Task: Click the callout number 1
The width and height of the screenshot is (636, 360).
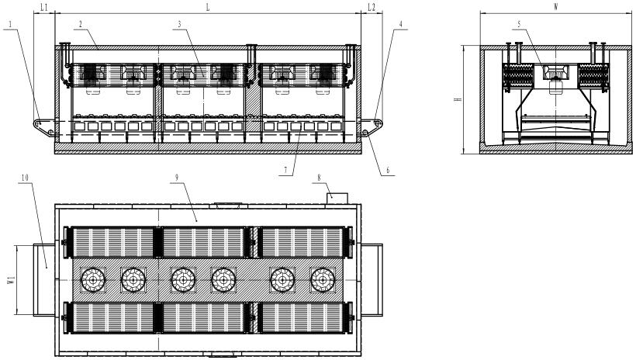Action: [10, 24]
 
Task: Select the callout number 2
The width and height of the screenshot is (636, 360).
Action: [81, 24]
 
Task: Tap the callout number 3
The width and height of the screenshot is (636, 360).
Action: [179, 24]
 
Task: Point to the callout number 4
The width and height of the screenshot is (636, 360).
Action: [401, 24]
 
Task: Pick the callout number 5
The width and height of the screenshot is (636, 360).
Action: [519, 24]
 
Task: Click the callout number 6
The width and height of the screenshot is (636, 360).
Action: [388, 171]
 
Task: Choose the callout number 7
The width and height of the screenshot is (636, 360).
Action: [285, 171]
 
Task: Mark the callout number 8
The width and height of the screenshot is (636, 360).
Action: [320, 178]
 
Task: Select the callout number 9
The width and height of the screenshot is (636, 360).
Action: [177, 178]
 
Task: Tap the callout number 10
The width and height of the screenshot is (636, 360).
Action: [25, 178]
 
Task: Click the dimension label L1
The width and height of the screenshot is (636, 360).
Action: [44, 7]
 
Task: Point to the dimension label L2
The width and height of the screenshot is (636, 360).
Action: [372, 7]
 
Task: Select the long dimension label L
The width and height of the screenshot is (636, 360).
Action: [208, 7]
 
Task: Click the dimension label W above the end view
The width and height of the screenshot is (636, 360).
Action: [555, 7]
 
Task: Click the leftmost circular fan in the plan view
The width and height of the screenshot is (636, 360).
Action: [93, 280]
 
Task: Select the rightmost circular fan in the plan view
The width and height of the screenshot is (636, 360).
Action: [323, 280]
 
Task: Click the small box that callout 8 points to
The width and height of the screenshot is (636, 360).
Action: [337, 199]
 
